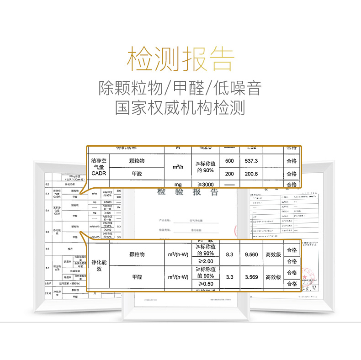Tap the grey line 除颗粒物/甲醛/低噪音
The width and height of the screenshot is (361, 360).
[x=180, y=88]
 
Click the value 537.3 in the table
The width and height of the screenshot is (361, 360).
[x=252, y=161]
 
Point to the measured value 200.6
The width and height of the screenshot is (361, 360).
[x=252, y=174]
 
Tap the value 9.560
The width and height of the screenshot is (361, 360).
[x=252, y=254]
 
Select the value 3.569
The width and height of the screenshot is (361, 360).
[x=252, y=277]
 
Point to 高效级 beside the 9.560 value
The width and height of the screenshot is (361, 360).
[x=273, y=254]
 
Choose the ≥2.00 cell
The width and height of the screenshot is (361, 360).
[x=205, y=261]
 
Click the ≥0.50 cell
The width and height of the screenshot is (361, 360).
[x=205, y=284]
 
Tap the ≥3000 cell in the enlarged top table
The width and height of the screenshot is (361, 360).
[x=205, y=184]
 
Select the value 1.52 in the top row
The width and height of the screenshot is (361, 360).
[x=252, y=148]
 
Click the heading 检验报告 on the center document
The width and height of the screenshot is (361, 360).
[x=187, y=192]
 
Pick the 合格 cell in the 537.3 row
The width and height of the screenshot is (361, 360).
[x=292, y=161]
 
